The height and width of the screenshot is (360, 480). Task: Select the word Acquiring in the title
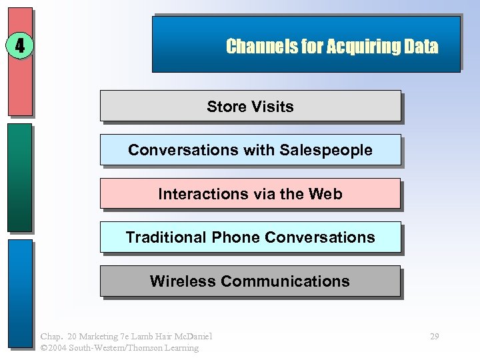coord(356,46)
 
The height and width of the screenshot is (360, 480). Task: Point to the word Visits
coord(272,107)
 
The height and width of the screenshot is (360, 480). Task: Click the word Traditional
coord(166,237)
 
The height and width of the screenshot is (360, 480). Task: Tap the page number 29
coord(434,336)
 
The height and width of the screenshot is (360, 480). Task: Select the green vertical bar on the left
coord(20,177)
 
